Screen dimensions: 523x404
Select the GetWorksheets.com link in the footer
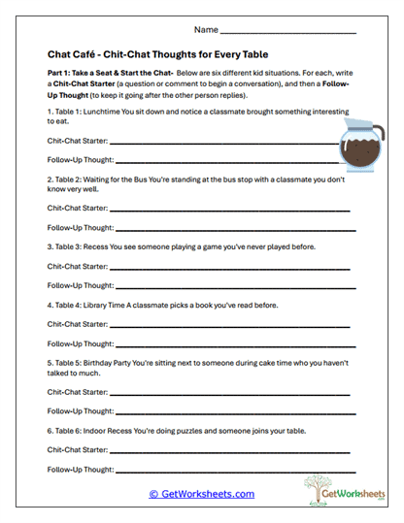click(x=202, y=494)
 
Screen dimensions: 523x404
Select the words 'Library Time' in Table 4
click(x=116, y=305)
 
